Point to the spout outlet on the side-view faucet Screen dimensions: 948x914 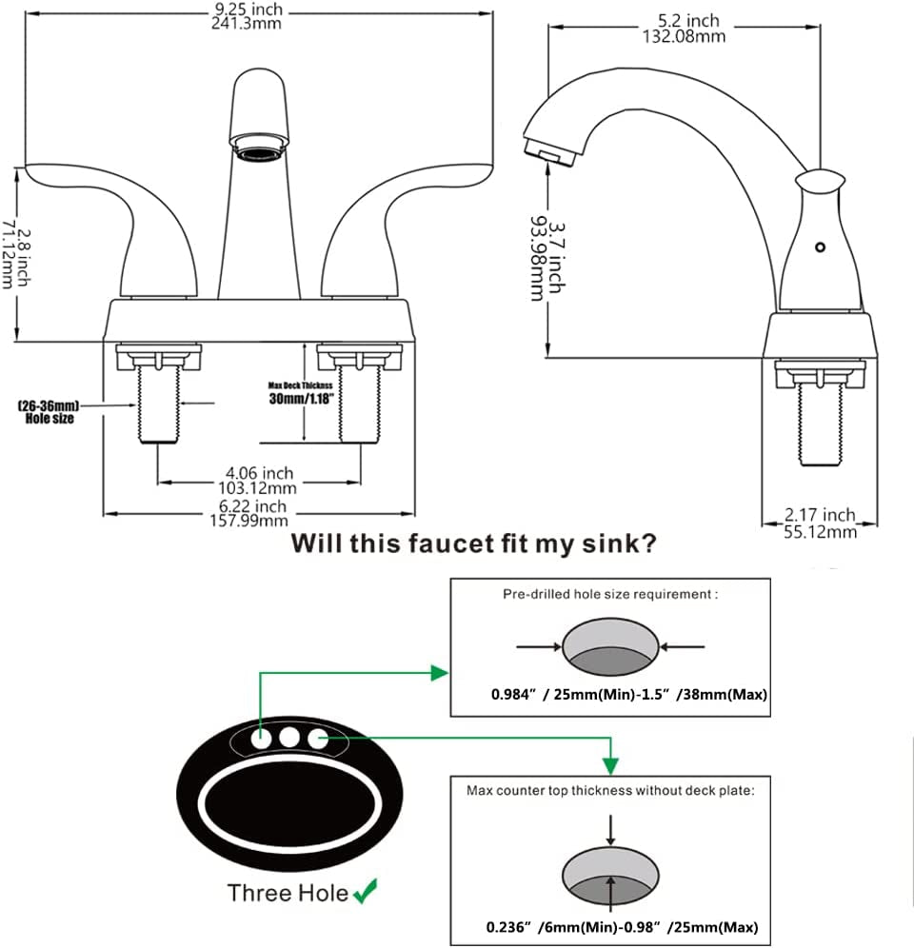tap(544, 150)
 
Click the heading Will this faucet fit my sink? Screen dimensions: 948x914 tap(473, 543)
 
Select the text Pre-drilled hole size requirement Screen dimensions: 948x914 tap(609, 594)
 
